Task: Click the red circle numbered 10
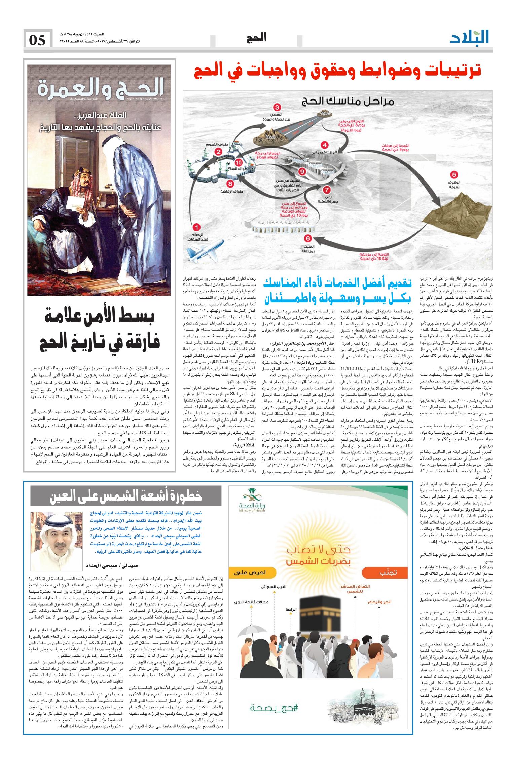239,162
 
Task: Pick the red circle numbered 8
230,184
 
